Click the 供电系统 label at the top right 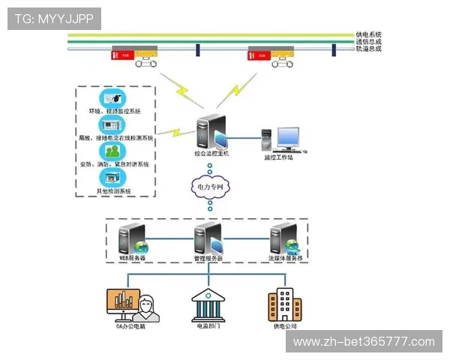pos(368,34)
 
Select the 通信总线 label pos(368,42)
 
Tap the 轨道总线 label pos(368,49)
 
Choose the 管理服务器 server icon pos(208,238)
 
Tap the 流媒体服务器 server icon pos(285,238)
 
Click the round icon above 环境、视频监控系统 pos(114,99)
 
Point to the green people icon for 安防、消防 pos(114,152)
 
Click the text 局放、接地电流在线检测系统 pos(115,139)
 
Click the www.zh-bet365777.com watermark pos(363,342)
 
